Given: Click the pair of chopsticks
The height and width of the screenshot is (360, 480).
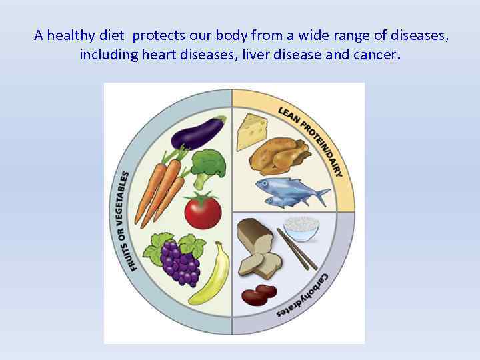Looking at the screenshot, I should click(297, 249).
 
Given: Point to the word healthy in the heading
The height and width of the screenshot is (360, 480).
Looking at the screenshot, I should click(79, 36).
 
